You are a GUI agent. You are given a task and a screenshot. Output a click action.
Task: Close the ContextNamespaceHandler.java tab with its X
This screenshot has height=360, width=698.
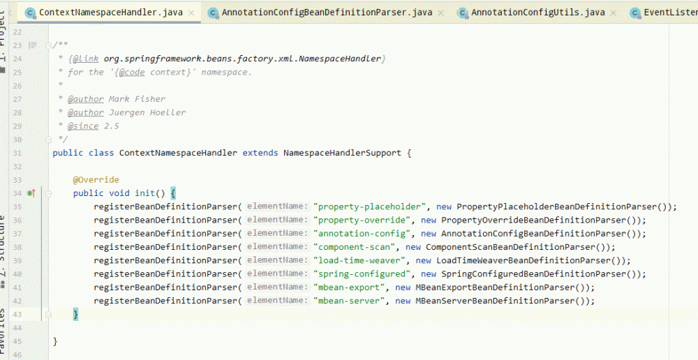click(x=191, y=13)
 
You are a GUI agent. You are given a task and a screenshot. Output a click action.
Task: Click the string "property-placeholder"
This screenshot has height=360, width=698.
click(x=369, y=207)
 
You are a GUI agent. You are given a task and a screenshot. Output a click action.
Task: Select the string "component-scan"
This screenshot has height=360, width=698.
click(x=354, y=247)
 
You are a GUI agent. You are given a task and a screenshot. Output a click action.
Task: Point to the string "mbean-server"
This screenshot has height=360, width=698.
click(x=349, y=301)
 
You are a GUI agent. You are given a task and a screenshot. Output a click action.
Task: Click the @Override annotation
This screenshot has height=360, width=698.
click(x=96, y=180)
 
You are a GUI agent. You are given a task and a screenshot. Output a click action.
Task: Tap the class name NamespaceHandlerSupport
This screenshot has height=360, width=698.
click(x=342, y=153)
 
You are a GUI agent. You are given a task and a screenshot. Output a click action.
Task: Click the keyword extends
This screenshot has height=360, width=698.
click(x=260, y=153)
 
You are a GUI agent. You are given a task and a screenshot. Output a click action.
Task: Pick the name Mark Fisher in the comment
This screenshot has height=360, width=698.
click(x=137, y=99)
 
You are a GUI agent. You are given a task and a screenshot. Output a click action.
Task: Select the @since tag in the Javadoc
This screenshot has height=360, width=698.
click(x=83, y=126)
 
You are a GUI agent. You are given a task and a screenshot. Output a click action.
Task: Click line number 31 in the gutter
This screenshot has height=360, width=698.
click(x=17, y=153)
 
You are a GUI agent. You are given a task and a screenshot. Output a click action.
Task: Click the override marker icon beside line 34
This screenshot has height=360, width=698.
click(x=31, y=193)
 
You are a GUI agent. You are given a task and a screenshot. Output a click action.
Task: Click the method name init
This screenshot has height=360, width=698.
click(x=145, y=193)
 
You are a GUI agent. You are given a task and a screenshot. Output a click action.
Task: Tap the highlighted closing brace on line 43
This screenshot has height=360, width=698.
click(x=75, y=315)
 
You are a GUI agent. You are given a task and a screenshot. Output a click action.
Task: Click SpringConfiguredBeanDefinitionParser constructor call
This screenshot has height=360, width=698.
click(x=533, y=273)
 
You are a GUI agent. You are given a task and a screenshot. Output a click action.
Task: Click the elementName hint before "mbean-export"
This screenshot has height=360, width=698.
click(x=277, y=287)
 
